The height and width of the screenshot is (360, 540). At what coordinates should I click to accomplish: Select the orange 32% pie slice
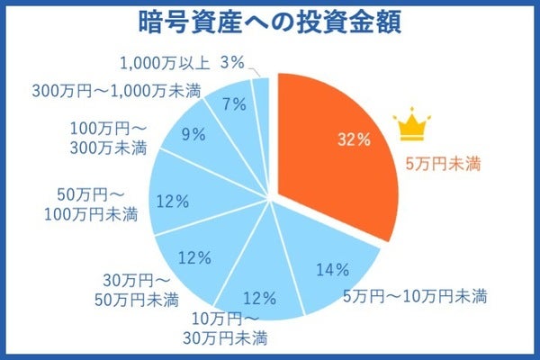tap(333, 153)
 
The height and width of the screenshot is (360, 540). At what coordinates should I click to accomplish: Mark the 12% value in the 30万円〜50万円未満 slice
tap(193, 257)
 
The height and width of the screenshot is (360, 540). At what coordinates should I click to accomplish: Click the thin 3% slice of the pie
tap(262, 90)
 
